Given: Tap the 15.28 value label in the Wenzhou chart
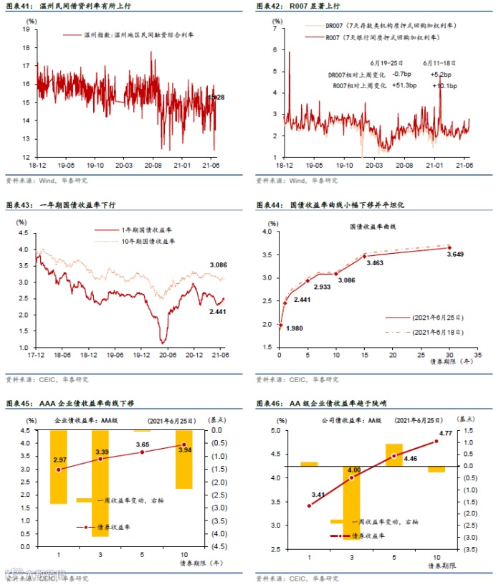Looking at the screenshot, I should [216, 97].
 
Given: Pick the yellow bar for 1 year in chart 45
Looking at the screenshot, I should [58, 467].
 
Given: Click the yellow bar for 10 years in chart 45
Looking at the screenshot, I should [183, 460].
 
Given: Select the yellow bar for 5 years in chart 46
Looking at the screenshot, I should [394, 455].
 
